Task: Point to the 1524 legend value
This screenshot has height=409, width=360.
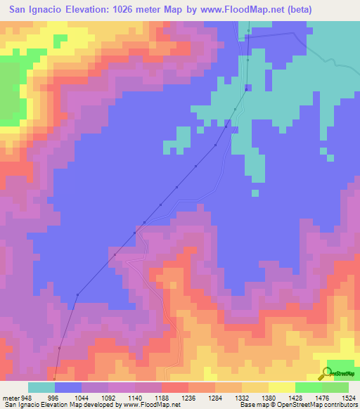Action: (349, 397)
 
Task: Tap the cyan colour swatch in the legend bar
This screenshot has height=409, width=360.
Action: (41, 387)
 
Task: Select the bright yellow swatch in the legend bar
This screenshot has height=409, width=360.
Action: (281, 387)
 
